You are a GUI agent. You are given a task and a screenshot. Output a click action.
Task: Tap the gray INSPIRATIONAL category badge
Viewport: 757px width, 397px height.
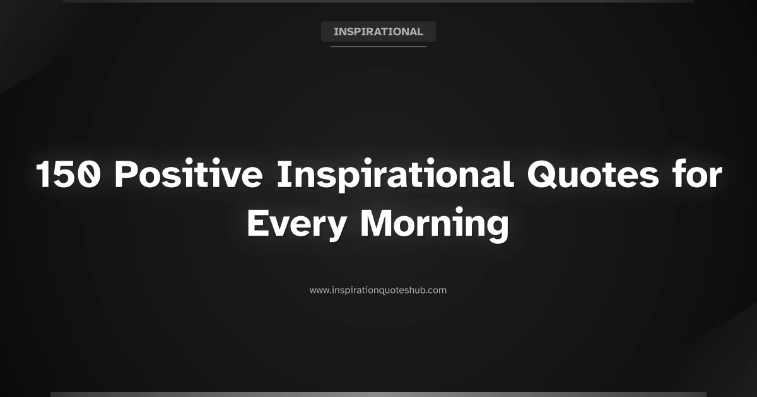click(x=378, y=32)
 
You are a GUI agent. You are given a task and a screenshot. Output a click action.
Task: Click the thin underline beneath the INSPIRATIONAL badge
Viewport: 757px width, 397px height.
click(x=378, y=46)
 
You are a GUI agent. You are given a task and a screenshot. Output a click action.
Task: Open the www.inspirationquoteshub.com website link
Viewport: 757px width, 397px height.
click(x=378, y=291)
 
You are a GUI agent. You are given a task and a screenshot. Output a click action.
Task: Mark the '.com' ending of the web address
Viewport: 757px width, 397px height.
click(x=437, y=291)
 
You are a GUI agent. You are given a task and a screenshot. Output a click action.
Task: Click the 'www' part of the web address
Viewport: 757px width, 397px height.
click(x=318, y=291)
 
